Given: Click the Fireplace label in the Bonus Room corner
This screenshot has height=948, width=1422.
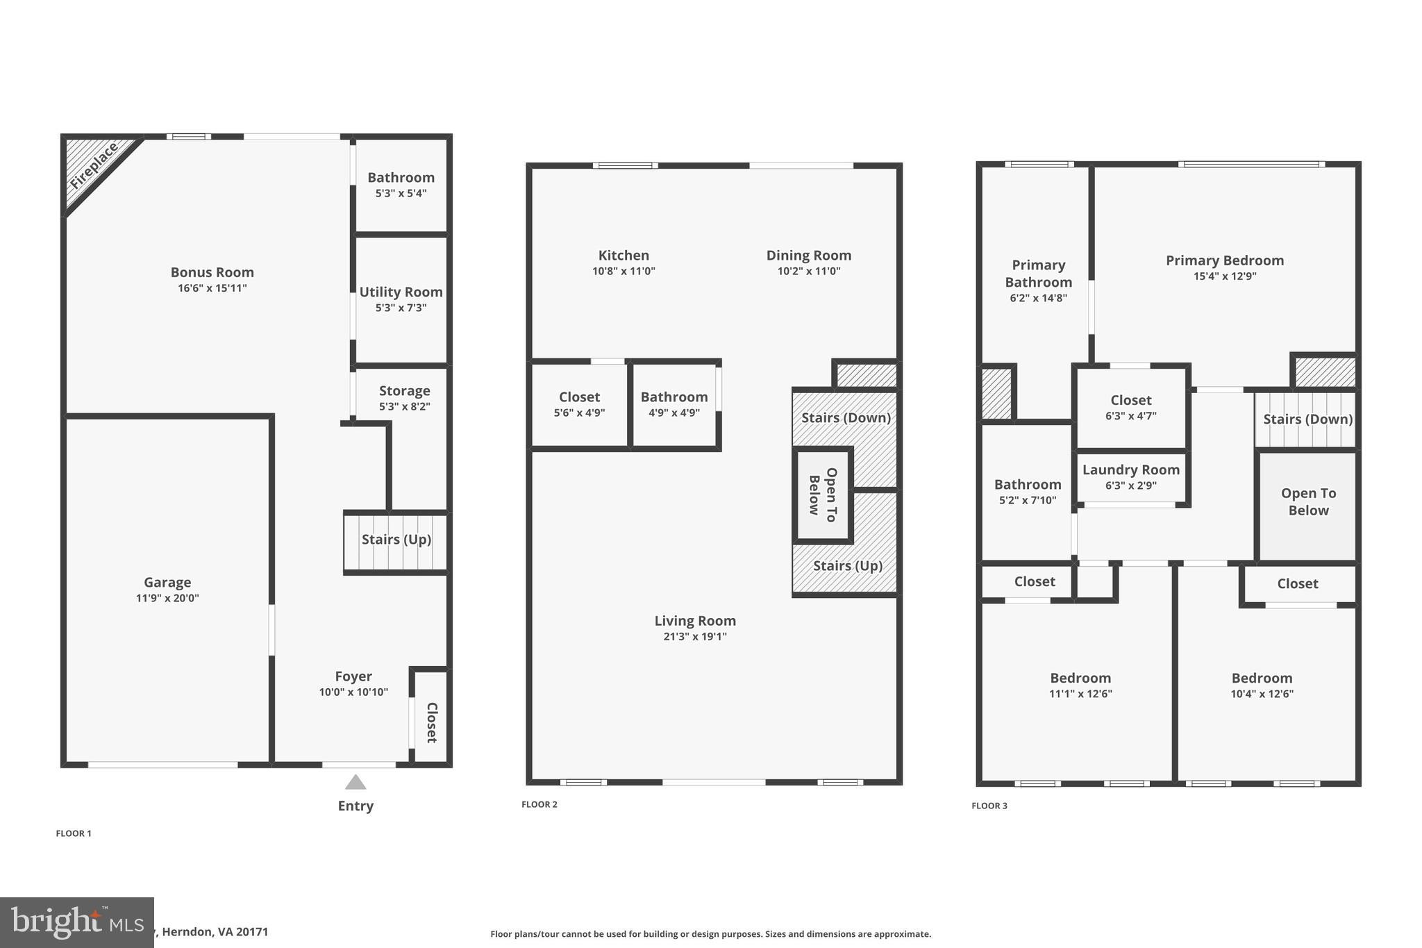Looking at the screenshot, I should (94, 166).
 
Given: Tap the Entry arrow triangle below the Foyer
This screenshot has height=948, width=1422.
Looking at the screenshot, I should (355, 783).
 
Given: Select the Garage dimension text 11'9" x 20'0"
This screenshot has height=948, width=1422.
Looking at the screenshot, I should (167, 598).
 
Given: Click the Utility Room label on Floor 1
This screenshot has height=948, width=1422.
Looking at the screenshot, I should (401, 292).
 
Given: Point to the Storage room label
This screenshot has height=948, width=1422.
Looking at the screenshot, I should (404, 391).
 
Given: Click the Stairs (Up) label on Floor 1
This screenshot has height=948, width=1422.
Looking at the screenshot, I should (396, 540).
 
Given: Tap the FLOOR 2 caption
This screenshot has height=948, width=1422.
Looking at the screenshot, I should (539, 804).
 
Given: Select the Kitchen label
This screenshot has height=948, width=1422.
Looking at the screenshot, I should (624, 256).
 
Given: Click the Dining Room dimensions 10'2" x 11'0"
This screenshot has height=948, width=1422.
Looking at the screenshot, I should (809, 272).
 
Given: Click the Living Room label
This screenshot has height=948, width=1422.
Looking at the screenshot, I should (695, 621).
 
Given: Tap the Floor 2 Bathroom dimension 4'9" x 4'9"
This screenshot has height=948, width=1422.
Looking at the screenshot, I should (674, 413).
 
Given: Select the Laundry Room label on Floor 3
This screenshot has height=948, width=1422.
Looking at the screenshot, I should (1130, 470).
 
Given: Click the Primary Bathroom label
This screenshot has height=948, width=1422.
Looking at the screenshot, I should (1038, 274).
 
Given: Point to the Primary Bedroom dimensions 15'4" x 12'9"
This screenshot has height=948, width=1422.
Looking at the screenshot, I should (1225, 276).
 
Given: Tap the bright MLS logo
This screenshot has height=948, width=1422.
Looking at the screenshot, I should (76, 922).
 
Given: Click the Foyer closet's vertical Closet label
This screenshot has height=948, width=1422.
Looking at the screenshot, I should (431, 722).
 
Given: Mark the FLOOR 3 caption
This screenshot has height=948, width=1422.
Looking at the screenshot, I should (989, 806).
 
